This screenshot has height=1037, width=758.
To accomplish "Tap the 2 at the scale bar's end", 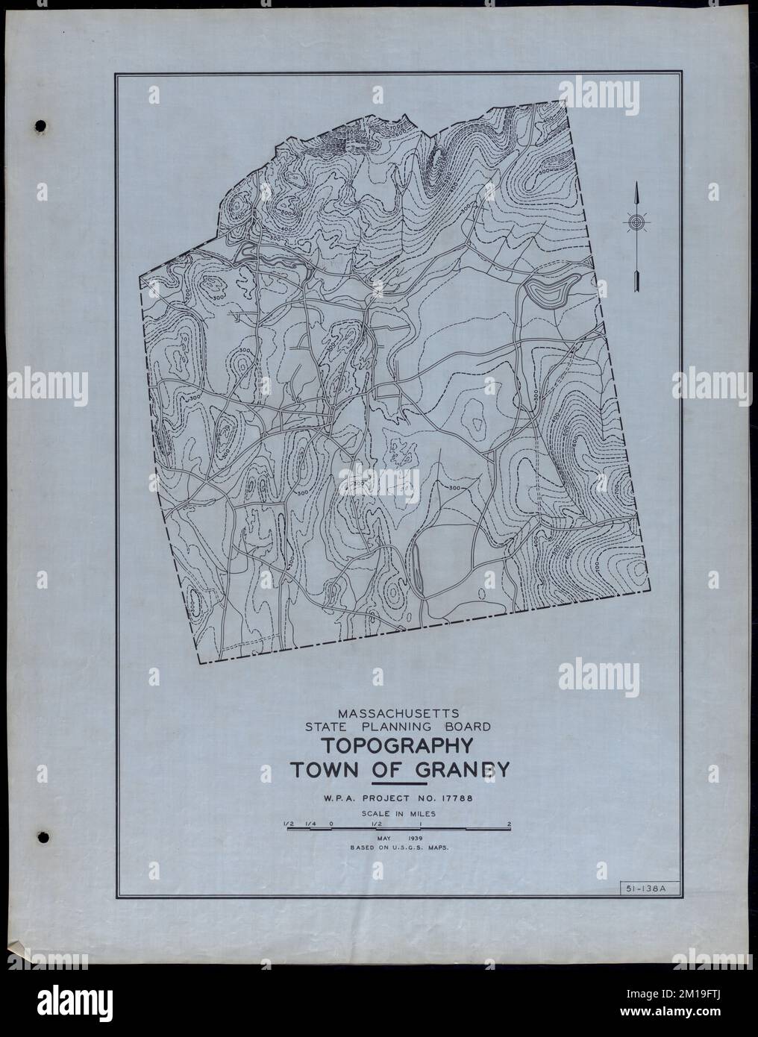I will click(509, 824).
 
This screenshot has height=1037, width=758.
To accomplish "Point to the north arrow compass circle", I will click(636, 222).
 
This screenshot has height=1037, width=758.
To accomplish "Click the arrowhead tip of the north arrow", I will click(636, 187).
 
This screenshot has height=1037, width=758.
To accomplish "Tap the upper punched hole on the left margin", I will click(41, 124).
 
